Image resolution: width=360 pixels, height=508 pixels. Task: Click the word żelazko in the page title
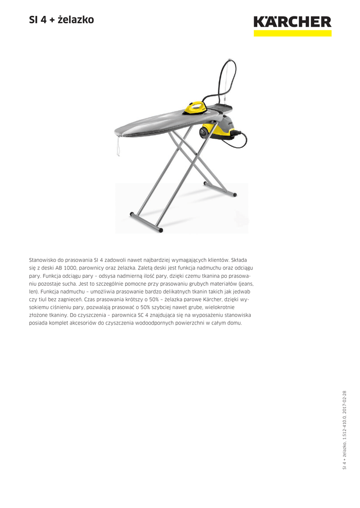click(75, 20)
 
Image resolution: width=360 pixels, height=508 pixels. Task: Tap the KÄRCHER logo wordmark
click(292, 22)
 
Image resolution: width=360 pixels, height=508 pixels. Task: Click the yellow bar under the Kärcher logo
click(292, 33)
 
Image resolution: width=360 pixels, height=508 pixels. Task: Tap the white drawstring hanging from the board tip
click(118, 146)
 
